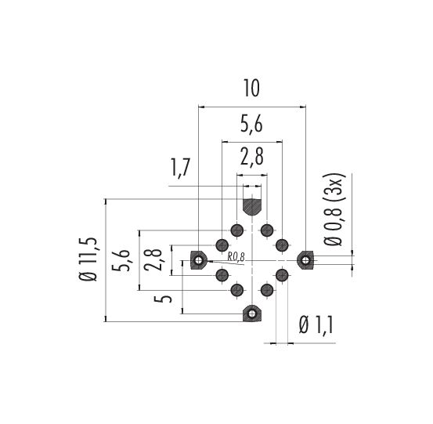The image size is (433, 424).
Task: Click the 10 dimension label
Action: click(251, 89)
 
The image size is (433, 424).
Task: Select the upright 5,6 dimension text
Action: click(251, 125)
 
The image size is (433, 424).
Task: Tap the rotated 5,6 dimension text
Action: click(121, 260)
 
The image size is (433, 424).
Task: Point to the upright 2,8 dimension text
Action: click(252, 157)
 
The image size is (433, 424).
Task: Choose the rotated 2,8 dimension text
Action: click(153, 260)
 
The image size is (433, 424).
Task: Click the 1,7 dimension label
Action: click(181, 168)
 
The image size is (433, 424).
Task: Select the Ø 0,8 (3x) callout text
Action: click(334, 209)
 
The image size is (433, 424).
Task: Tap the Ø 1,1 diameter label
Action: click(316, 325)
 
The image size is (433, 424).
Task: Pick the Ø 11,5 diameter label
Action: click(88, 259)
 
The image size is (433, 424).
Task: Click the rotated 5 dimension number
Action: click(163, 299)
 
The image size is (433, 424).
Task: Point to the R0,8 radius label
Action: click(236, 257)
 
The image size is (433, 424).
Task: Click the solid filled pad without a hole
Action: click(252, 207)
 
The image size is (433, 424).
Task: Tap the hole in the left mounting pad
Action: click(198, 260)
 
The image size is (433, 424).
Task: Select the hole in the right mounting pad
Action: click(305, 260)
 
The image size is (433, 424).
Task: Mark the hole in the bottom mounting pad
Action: click(252, 313)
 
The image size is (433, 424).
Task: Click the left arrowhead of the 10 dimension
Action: click(201, 107)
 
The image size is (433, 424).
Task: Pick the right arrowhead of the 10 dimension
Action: click(303, 107)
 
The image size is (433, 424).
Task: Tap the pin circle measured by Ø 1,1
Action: click(282, 275)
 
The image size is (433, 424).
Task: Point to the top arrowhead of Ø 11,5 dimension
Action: click(105, 201)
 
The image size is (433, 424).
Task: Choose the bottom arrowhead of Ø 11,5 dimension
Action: click(105, 318)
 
